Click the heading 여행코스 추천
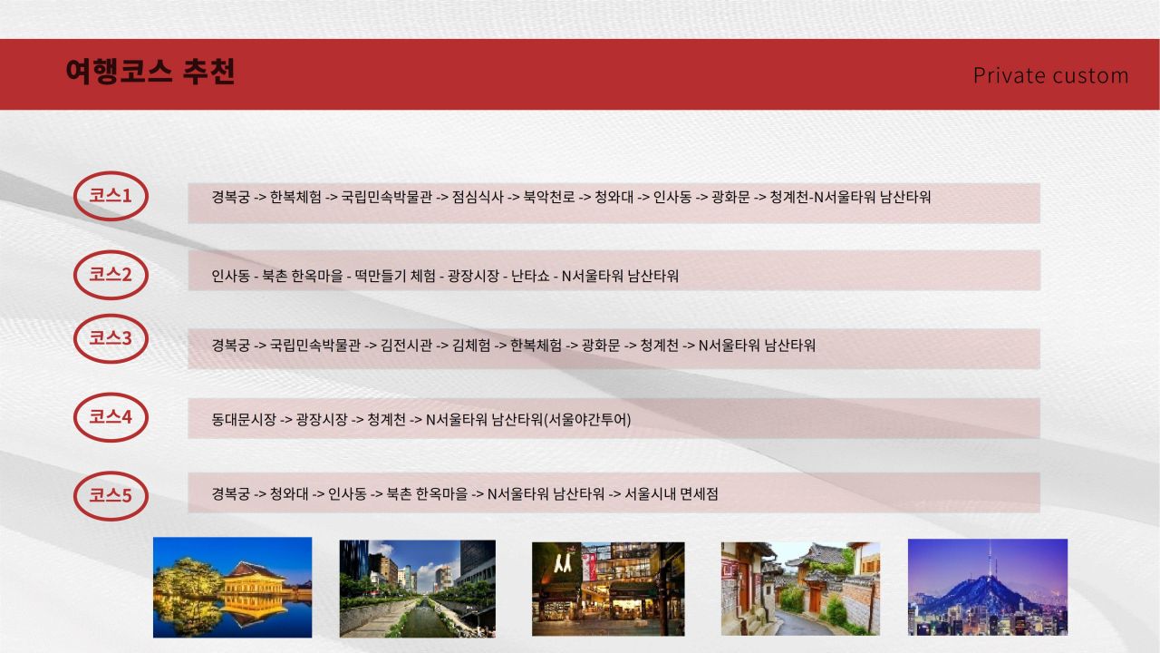(x=150, y=72)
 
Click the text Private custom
(x=1050, y=75)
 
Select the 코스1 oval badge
(x=111, y=196)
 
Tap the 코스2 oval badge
(x=111, y=275)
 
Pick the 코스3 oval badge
(x=111, y=338)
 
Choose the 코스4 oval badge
(x=111, y=417)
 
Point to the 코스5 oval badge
(x=111, y=496)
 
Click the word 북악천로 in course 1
(x=549, y=197)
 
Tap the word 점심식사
(x=478, y=197)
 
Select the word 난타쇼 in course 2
(x=530, y=276)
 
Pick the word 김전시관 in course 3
(x=406, y=346)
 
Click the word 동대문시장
(x=244, y=419)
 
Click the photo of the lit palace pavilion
(x=233, y=587)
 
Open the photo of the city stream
(x=418, y=589)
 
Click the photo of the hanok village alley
(x=800, y=589)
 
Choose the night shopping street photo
(x=608, y=589)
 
